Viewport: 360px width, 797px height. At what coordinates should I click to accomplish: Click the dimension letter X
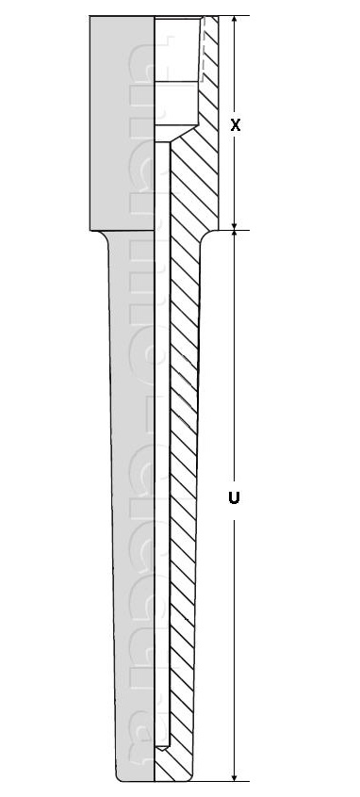coord(236,124)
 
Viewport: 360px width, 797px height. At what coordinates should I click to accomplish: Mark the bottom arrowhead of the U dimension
coord(236,774)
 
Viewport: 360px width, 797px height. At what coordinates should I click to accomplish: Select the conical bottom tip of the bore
coord(161,748)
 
